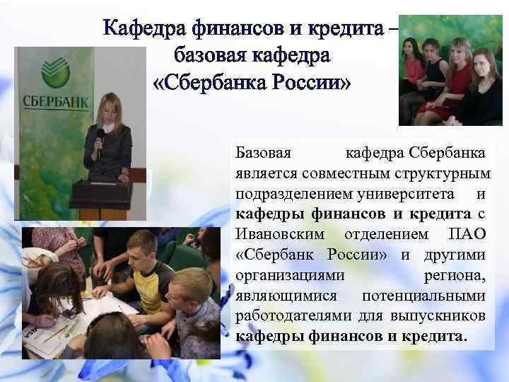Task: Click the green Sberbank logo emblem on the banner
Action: pos(54,70)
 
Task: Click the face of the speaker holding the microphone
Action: pos(112,105)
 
